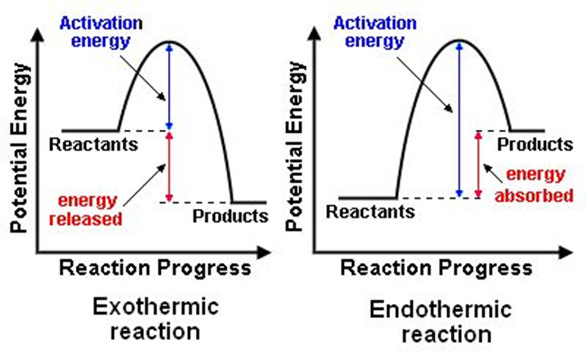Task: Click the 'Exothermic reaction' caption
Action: (x=155, y=319)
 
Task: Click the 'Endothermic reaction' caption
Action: (x=440, y=322)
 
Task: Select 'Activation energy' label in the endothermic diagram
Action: (x=375, y=32)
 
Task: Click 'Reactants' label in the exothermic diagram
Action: (x=93, y=144)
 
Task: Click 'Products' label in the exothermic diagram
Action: (x=230, y=216)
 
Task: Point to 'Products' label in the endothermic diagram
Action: (x=535, y=145)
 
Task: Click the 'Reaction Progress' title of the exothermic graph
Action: (x=155, y=268)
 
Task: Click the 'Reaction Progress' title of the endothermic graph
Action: (x=437, y=268)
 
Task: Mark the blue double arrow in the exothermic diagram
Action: (x=169, y=86)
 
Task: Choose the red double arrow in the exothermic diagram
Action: (x=169, y=166)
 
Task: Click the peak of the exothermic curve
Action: (x=169, y=42)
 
